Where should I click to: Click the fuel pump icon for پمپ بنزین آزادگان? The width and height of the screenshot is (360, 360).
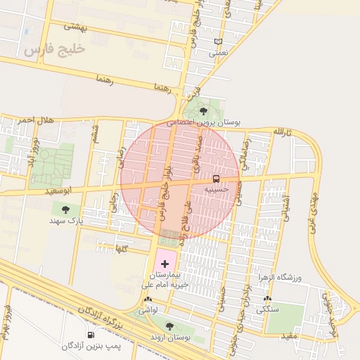coord(90,335)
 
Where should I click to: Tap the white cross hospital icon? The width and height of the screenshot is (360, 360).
coord(165,263)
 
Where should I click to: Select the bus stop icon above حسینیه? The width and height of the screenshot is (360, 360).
coord(216,178)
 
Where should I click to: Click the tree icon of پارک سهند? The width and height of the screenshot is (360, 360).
coord(65,209)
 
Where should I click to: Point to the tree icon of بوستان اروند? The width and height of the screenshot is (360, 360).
coord(169,326)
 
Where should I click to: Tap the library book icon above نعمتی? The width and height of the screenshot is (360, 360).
coord(219,42)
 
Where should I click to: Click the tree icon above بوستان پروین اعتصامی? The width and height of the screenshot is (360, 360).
coord(203,110)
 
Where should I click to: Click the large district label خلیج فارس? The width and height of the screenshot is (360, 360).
coord(53,49)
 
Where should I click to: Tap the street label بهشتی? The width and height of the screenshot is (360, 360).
coord(74,27)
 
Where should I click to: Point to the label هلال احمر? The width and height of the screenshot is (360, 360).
coord(36,120)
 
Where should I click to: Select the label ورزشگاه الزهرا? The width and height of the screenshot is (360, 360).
coord(281,278)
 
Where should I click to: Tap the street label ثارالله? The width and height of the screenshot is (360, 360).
coord(281,132)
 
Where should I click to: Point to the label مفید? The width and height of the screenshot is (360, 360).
coord(290,335)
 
